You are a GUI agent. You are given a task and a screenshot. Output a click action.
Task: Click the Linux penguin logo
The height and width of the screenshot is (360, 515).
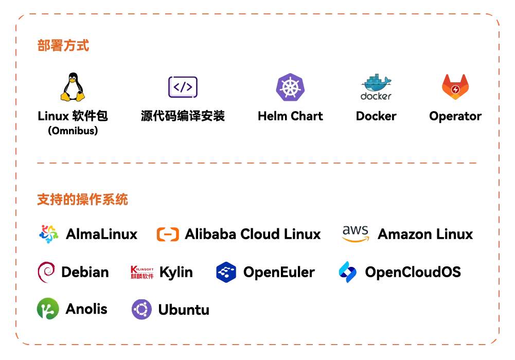(73, 86)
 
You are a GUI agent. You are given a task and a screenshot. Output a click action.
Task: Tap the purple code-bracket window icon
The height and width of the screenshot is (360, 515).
(183, 86)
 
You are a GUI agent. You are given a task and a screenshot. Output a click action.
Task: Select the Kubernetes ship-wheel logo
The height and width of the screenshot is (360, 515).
(290, 86)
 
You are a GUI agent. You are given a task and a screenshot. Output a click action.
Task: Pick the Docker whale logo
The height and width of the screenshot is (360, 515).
(377, 86)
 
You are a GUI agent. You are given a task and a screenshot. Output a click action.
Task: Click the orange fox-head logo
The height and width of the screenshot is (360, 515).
(455, 87)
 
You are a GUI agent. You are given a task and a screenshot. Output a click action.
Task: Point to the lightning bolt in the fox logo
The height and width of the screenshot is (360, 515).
(455, 90)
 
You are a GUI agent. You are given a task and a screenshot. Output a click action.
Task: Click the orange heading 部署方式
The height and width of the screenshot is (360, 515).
(64, 45)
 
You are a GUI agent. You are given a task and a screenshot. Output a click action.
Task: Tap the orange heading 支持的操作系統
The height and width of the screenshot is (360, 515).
(83, 199)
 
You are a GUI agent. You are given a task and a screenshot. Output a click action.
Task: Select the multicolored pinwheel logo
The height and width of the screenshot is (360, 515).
(48, 234)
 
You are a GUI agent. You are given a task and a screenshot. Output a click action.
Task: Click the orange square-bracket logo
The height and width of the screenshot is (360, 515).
(168, 235)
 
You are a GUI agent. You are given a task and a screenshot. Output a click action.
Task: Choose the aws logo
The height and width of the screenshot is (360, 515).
(356, 232)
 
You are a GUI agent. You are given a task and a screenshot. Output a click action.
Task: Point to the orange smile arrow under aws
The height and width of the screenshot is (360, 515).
(356, 239)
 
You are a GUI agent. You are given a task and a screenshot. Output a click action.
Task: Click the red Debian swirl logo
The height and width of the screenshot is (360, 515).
(47, 272)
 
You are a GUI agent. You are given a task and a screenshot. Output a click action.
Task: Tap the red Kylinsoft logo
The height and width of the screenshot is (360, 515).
(142, 272)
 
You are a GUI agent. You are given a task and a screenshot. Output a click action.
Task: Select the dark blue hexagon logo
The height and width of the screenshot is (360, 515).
(226, 272)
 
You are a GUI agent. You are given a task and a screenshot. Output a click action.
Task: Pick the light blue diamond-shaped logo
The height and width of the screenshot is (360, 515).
(347, 272)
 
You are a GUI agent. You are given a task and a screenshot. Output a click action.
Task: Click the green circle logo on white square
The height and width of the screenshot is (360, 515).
(47, 309)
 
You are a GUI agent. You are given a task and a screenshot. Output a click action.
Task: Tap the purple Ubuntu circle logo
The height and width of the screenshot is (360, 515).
(141, 309)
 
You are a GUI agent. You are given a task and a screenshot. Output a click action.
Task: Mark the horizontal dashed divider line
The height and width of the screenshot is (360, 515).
(257, 163)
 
